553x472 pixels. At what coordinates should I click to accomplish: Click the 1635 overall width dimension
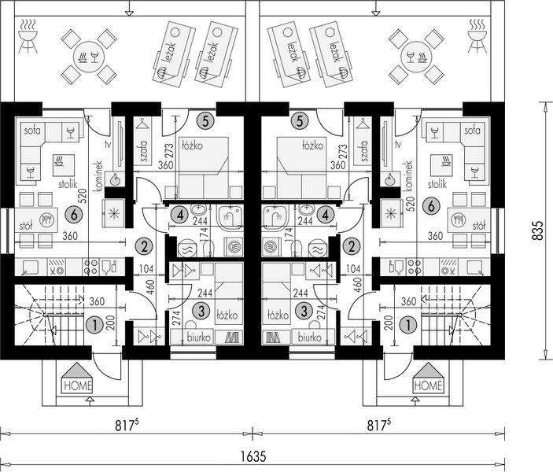(253, 456)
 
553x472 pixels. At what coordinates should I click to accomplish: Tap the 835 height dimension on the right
(537, 230)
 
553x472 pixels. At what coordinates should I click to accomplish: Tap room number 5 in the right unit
(300, 121)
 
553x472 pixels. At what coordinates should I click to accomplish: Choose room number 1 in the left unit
(94, 325)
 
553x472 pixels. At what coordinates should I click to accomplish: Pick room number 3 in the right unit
(304, 311)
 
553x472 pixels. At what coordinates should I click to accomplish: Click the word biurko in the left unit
(199, 337)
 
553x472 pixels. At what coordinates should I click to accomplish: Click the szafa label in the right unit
(364, 151)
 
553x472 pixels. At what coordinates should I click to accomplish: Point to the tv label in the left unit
(108, 144)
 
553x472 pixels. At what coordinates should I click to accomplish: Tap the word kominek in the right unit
(409, 176)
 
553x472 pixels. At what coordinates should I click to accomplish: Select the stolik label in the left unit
(68, 184)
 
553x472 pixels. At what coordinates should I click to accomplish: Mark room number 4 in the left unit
(181, 215)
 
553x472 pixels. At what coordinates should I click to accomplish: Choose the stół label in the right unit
(478, 226)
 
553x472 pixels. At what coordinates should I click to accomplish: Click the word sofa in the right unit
(472, 131)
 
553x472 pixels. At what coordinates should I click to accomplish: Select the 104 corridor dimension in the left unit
(146, 269)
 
